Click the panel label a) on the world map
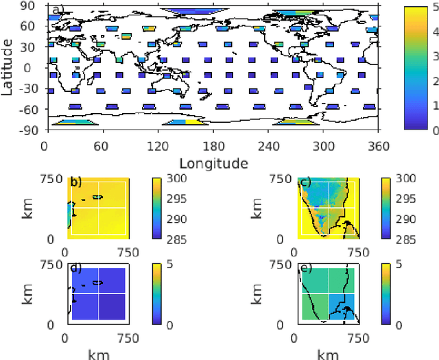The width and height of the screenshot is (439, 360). click(58, 11)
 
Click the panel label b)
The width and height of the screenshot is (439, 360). click(75, 183)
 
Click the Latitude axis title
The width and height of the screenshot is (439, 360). click(9, 68)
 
